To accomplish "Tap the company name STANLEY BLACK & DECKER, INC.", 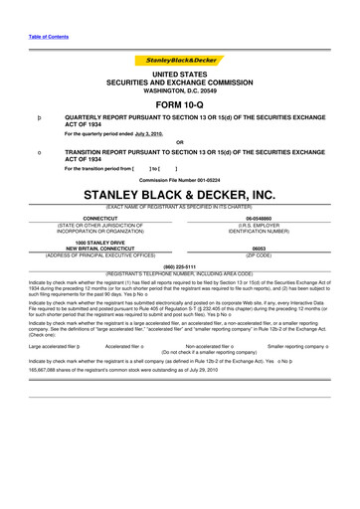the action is [179, 195].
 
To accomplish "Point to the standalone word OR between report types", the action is [179, 141].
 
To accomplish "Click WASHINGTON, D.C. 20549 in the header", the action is [179, 90].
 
